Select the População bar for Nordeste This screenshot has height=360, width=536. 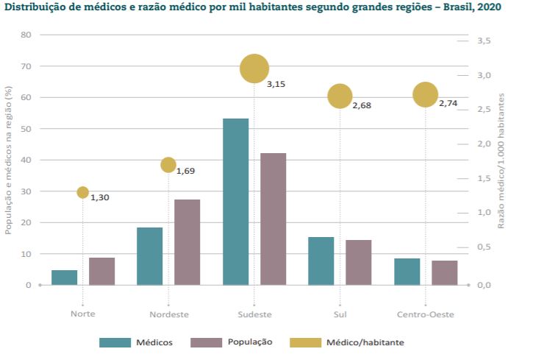[x=187, y=242]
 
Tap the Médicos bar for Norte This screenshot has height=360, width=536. [x=65, y=278]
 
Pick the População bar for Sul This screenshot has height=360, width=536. [x=359, y=262]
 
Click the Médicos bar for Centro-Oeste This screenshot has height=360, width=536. [x=407, y=272]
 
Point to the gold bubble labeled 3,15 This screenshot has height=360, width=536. [x=254, y=69]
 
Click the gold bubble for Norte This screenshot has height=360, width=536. [x=82, y=193]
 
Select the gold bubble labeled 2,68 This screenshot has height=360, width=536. [x=340, y=96]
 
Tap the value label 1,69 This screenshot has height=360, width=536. [x=185, y=172]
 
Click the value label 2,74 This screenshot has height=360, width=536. [x=448, y=104]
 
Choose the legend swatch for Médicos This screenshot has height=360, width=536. [x=114, y=342]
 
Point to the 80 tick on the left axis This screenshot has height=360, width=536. [x=26, y=35]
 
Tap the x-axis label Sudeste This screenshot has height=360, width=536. [x=254, y=314]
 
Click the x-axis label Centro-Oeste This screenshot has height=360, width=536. [x=425, y=314]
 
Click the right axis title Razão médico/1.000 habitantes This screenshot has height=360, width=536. [x=502, y=160]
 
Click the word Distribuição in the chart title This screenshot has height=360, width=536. [x=38, y=8]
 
